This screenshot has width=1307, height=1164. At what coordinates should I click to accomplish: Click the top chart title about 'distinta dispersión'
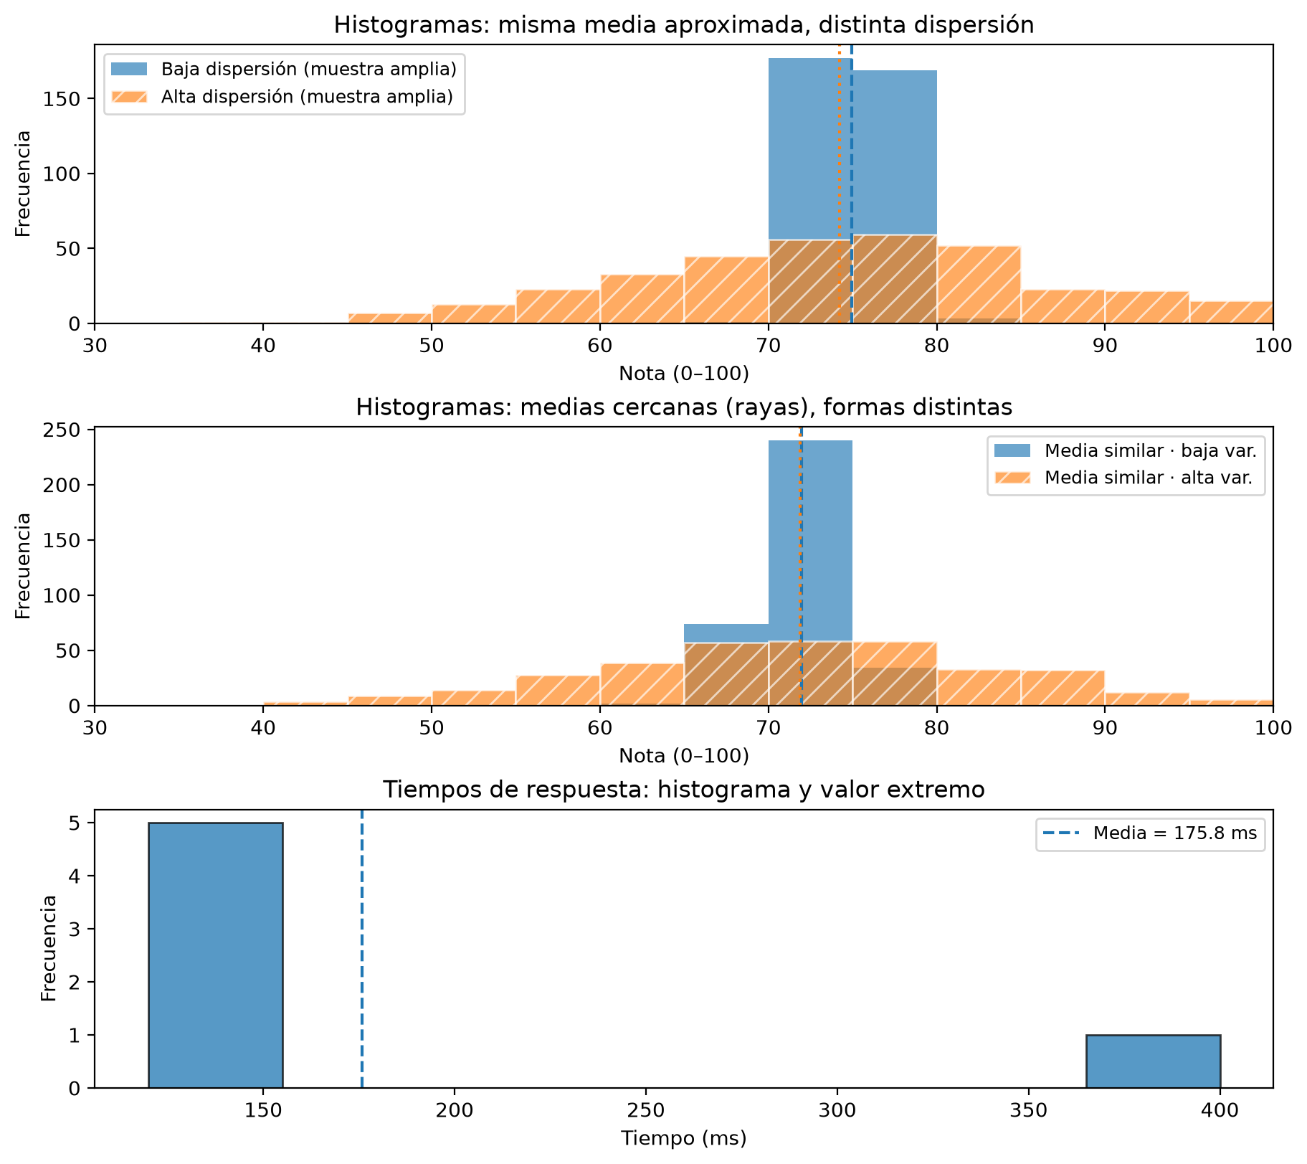click(x=683, y=25)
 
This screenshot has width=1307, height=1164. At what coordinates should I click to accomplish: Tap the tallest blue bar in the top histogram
click(x=810, y=191)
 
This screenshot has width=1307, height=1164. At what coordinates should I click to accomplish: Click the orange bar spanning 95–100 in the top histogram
click(x=1231, y=313)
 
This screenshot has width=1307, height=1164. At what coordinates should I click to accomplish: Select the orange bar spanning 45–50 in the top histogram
click(x=390, y=318)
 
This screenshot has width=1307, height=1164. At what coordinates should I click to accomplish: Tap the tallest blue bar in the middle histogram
click(x=810, y=573)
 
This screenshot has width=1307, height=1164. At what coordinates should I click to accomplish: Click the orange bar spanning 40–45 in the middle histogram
click(x=306, y=704)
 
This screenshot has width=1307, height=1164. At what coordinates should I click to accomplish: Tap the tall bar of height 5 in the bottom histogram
click(x=216, y=955)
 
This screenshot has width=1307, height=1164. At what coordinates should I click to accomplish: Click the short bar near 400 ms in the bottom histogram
click(x=1153, y=1061)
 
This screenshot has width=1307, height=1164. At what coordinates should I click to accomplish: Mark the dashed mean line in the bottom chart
click(x=362, y=949)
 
